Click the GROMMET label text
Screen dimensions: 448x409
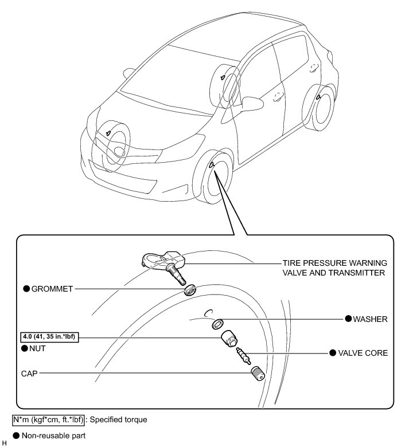[x=53, y=289]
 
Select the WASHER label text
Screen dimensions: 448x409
[x=371, y=318]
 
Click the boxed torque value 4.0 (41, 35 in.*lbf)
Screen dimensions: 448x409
[x=48, y=337]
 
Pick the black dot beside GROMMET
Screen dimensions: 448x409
[x=26, y=289]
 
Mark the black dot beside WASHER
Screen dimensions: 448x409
[x=348, y=318]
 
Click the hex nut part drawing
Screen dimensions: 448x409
[x=229, y=340]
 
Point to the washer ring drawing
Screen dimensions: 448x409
[x=218, y=324]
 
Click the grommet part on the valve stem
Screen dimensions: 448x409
[x=190, y=290]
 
